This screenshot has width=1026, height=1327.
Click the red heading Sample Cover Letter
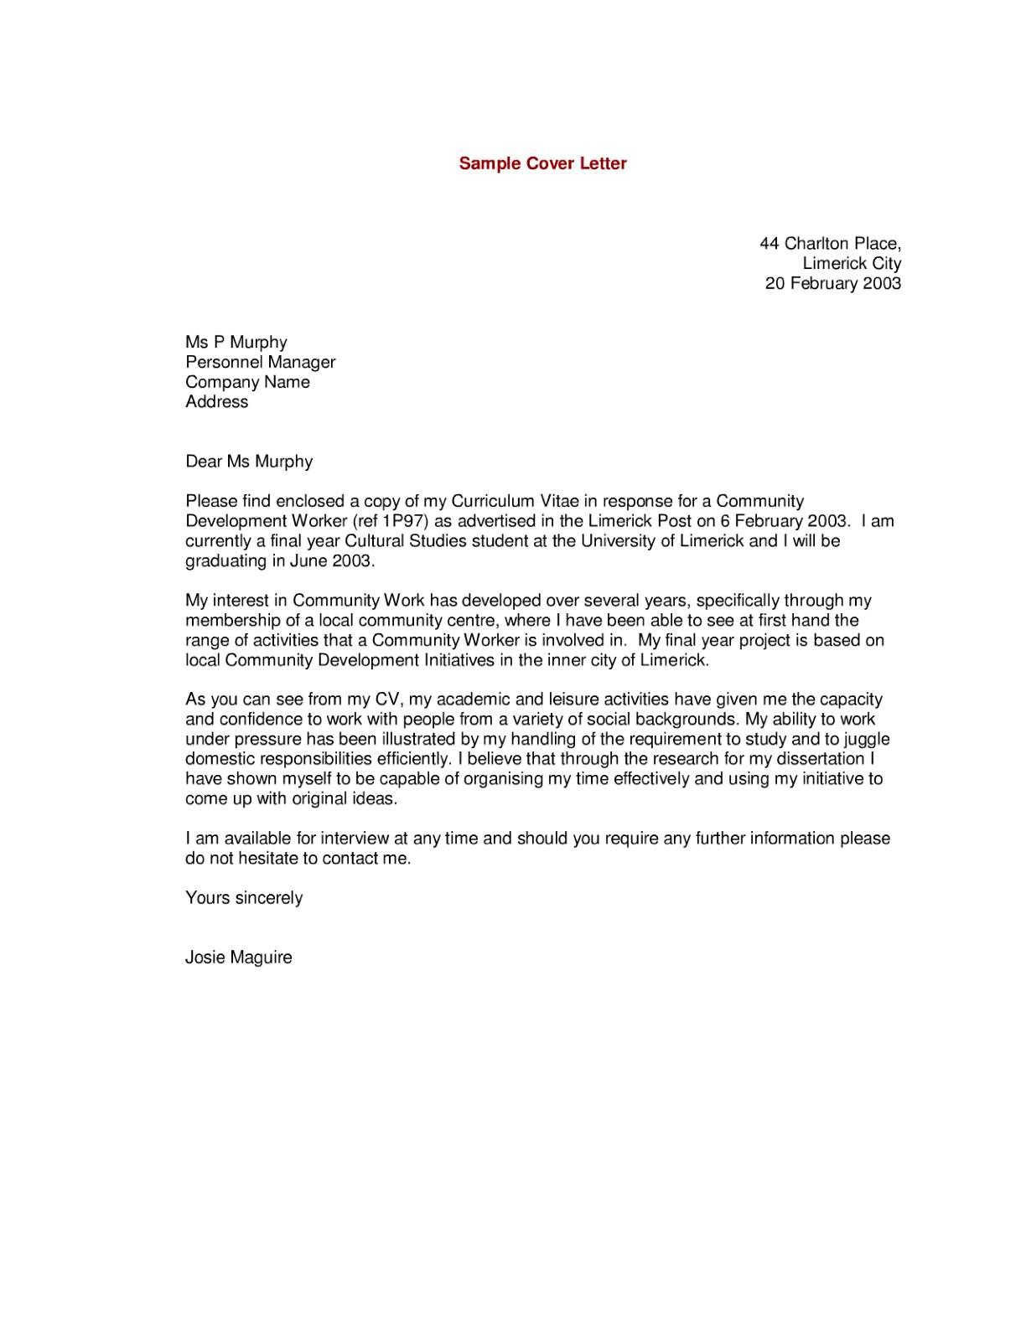(x=542, y=163)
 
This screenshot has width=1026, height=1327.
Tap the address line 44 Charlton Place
(x=830, y=244)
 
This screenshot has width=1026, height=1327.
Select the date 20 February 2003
(x=832, y=283)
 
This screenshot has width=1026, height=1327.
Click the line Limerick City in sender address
(x=852, y=263)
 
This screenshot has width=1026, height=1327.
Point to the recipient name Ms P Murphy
(x=236, y=343)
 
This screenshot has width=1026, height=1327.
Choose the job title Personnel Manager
(x=260, y=362)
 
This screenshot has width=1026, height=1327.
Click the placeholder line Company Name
(x=247, y=382)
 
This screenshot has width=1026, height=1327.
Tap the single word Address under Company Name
(x=217, y=402)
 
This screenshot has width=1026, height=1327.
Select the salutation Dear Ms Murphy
(x=249, y=462)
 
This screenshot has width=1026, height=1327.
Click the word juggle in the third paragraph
(x=866, y=740)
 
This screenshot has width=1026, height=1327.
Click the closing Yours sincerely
(x=244, y=898)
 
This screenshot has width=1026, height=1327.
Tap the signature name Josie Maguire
(x=239, y=958)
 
